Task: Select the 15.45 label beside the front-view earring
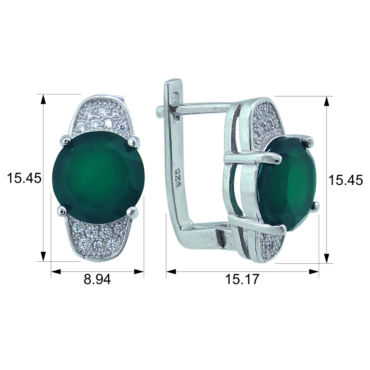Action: tap(24, 178)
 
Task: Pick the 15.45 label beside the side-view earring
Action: tap(346, 180)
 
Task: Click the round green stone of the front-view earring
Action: tap(98, 177)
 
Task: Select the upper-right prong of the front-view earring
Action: tap(133, 141)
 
